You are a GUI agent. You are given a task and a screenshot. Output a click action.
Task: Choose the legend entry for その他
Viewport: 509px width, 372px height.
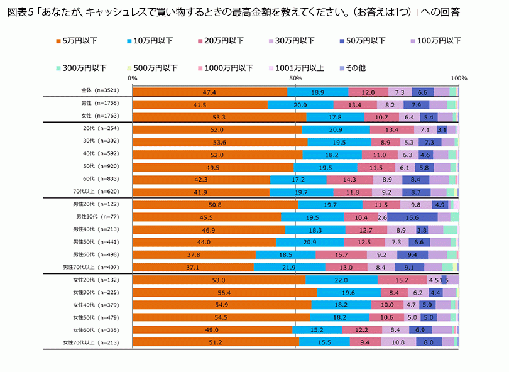point(354,68)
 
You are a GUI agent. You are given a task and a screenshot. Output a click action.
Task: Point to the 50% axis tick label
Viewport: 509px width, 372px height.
point(295,78)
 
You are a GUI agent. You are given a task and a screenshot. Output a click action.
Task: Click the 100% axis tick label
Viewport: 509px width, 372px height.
point(459,78)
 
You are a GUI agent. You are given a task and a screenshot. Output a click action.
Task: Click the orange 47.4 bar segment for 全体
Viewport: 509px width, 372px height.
point(210,92)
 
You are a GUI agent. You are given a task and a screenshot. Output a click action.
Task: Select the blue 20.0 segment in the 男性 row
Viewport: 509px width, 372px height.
point(300,104)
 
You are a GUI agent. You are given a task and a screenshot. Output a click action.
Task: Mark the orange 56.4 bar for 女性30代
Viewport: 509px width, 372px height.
point(224,292)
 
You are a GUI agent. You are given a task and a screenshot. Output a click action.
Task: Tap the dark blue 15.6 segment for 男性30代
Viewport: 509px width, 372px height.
point(412,217)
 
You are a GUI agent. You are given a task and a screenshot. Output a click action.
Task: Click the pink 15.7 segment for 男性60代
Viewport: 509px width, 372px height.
point(341,254)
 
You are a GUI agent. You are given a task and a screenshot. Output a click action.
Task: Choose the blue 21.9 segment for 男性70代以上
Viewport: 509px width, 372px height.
point(289,267)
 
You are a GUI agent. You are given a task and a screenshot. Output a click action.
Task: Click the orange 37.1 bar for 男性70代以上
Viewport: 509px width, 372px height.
point(193,267)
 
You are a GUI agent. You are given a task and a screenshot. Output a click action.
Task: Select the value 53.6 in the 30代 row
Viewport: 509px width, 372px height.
point(219,142)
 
